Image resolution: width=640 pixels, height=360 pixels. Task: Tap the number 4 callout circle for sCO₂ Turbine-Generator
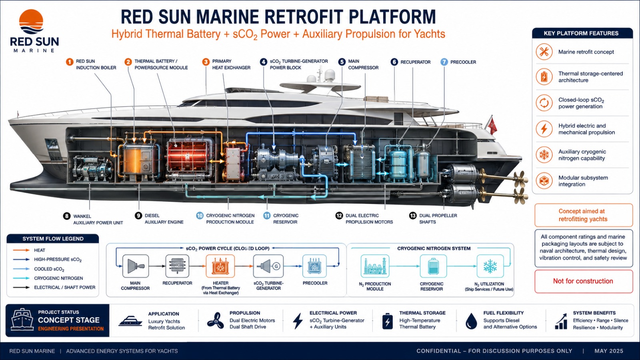(x=264, y=62)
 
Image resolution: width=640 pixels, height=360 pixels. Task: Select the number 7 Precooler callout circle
(x=444, y=62)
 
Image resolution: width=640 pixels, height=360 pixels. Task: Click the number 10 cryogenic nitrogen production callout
(x=200, y=216)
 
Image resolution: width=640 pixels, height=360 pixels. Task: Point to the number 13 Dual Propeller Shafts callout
(x=412, y=216)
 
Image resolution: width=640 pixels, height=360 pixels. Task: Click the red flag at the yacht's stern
(x=493, y=126)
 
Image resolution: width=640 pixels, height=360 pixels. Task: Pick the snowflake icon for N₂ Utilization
(x=490, y=266)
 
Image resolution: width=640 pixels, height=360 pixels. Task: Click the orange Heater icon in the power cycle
(x=220, y=266)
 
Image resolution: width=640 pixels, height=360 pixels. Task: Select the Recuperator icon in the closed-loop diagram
(x=177, y=266)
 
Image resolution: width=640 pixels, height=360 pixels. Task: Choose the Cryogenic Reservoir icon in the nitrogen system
(x=432, y=266)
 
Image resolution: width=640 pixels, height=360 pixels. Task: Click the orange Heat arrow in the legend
(x=22, y=250)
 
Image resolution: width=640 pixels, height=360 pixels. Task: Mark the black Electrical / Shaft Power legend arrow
(x=22, y=288)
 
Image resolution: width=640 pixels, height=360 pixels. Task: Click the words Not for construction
(x=583, y=281)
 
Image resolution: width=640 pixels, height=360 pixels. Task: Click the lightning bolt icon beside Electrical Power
(x=298, y=321)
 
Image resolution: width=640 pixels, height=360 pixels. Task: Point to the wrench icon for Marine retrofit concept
(x=544, y=52)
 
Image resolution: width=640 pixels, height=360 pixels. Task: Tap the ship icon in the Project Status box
(x=22, y=320)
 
